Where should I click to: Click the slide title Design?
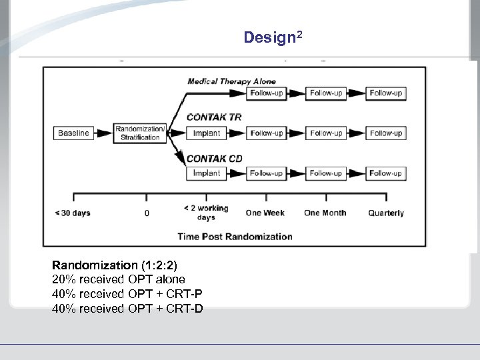(273, 37)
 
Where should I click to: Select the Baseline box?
(73, 133)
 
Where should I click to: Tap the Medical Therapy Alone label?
(231, 81)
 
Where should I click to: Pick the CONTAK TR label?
(214, 117)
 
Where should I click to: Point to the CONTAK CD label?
(214, 158)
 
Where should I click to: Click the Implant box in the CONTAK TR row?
(207, 133)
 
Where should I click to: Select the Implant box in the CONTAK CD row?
(207, 173)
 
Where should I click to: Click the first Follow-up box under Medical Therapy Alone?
(267, 93)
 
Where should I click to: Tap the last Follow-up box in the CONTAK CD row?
(386, 173)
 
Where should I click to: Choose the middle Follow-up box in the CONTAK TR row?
(326, 133)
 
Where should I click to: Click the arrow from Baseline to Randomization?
(103, 133)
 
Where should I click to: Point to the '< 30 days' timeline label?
(72, 213)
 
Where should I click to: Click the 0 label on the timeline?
(147, 213)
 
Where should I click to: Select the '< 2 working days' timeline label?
(206, 213)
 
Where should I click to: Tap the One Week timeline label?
(265, 213)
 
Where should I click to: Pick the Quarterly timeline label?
(386, 213)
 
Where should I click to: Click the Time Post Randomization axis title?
(235, 236)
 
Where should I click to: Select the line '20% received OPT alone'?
(119, 279)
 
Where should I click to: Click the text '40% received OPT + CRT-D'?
(127, 308)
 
